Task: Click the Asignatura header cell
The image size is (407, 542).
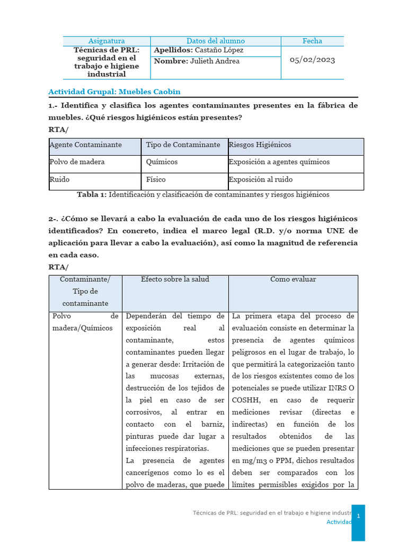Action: (x=107, y=41)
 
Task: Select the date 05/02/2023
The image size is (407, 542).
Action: (x=312, y=60)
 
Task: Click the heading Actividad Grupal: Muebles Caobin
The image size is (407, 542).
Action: (x=114, y=92)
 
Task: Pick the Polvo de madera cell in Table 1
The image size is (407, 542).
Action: (x=77, y=162)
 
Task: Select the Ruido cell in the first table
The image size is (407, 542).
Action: (x=59, y=179)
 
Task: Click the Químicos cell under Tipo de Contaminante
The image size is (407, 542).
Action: (x=162, y=162)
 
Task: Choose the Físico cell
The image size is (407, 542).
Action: (x=156, y=179)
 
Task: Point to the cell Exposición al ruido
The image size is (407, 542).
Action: (x=261, y=179)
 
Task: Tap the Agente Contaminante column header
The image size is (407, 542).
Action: (x=86, y=144)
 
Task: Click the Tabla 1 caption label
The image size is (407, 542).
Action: (x=91, y=195)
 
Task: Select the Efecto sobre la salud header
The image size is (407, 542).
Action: (x=175, y=279)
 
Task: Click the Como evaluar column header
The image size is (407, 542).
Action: (x=293, y=279)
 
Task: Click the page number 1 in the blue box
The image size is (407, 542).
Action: (x=358, y=516)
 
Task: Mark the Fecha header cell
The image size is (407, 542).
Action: (x=312, y=41)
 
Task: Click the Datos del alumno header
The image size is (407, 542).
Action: (x=216, y=41)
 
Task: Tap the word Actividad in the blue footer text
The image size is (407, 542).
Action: (x=338, y=522)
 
